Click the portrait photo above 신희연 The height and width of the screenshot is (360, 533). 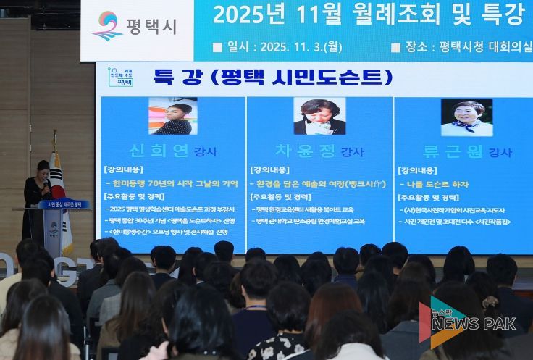pyautogui.click(x=172, y=117)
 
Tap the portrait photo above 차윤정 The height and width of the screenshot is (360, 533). pyautogui.click(x=319, y=117)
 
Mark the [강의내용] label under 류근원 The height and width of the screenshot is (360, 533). pyautogui.click(x=418, y=170)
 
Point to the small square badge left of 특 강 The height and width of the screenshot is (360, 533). pyautogui.click(x=122, y=76)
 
